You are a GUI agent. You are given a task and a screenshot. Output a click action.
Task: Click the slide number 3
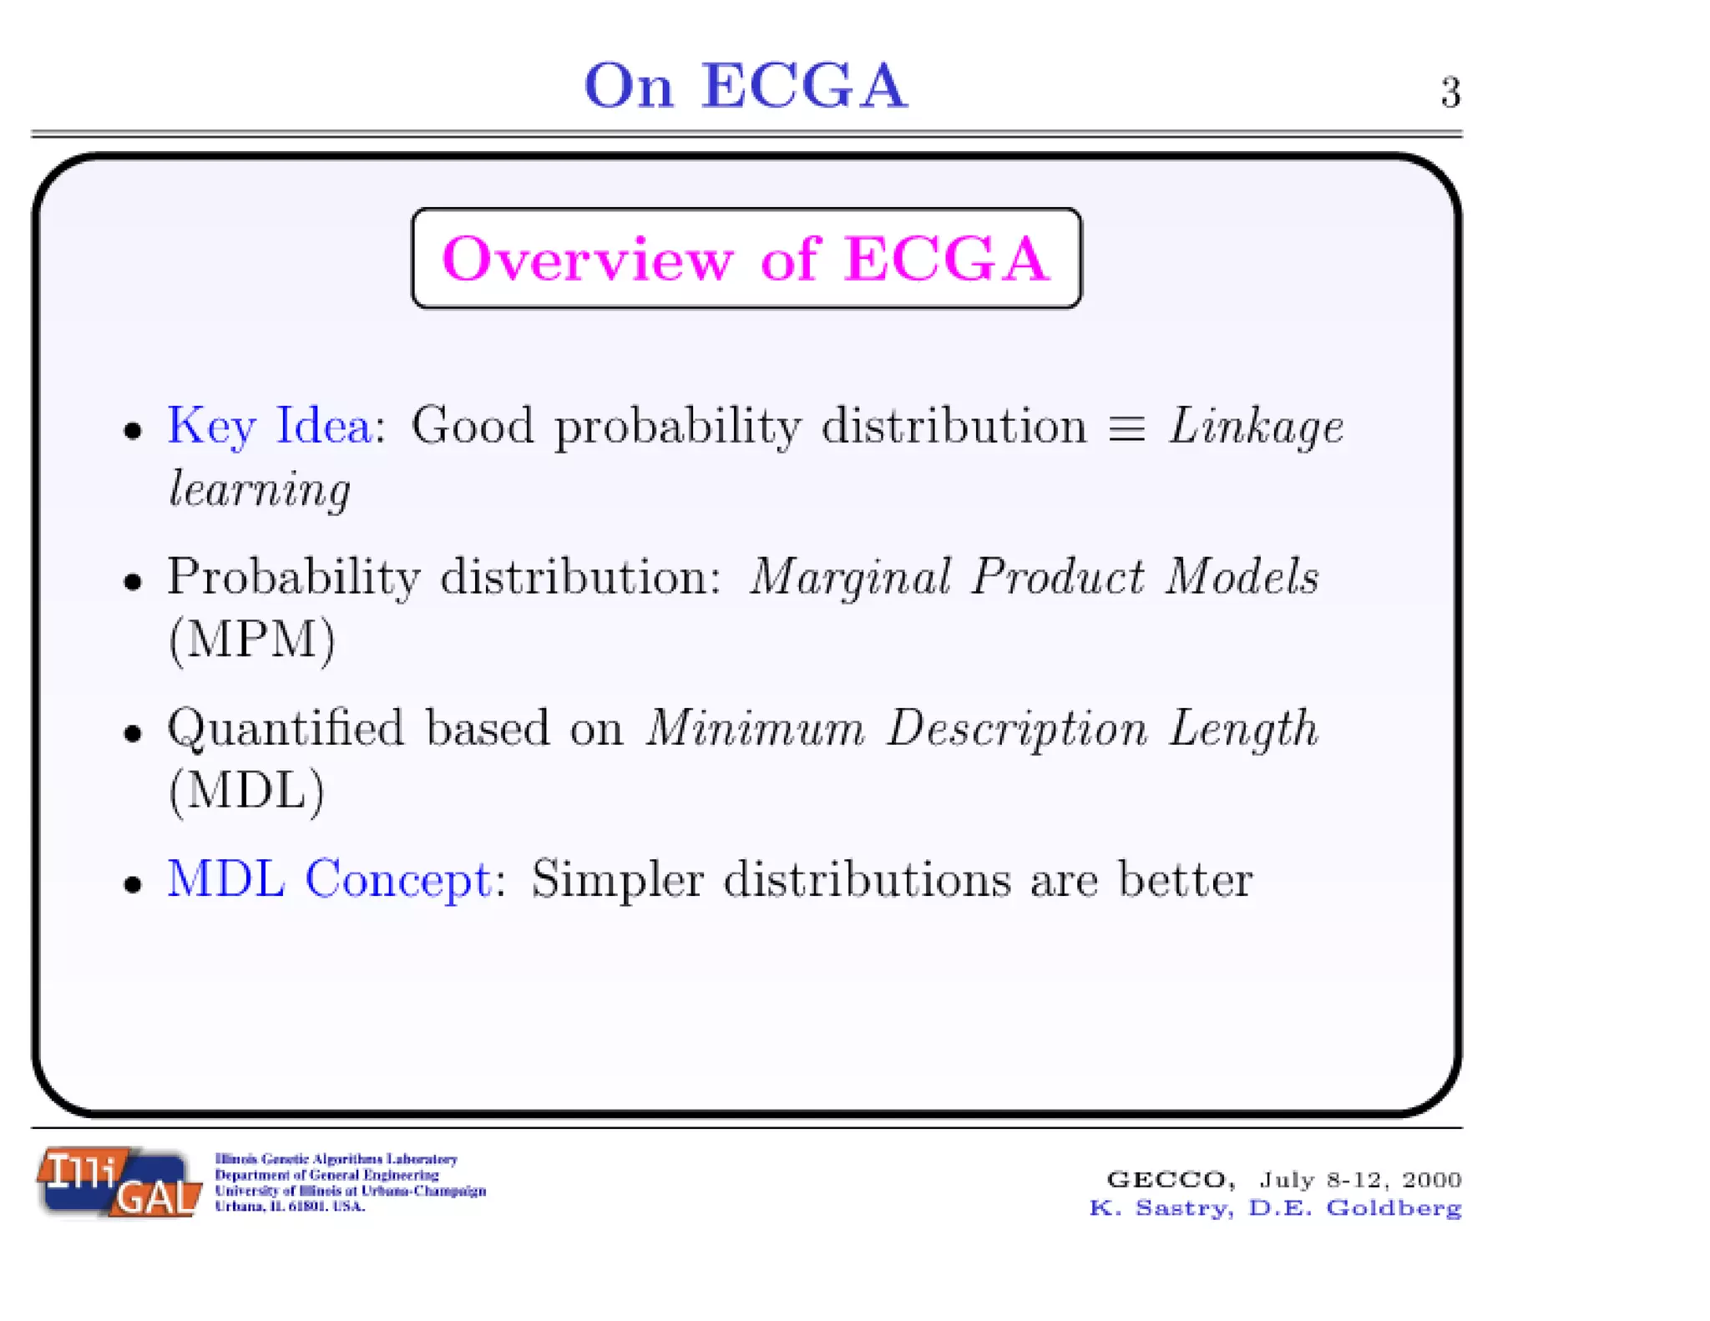pos(1450,92)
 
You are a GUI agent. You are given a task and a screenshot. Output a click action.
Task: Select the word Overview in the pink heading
pos(587,259)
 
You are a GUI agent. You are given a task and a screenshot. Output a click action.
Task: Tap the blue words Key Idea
pos(269,426)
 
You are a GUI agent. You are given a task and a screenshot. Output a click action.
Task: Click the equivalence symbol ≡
pos(1126,428)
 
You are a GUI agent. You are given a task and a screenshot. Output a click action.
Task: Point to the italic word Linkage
pos(1256,428)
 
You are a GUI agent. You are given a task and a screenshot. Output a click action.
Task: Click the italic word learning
pos(260,489)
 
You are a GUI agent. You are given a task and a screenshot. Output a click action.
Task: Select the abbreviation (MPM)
pos(251,640)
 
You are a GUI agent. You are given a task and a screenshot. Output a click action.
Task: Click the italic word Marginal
pos(850,578)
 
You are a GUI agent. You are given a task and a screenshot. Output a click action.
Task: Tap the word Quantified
pos(286,728)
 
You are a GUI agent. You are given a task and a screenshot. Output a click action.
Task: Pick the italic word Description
pos(1017,730)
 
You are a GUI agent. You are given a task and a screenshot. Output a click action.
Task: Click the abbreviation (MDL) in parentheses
pos(246,791)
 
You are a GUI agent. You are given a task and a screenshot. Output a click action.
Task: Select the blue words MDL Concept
pos(329,879)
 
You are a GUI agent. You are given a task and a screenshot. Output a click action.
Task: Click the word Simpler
pos(617,880)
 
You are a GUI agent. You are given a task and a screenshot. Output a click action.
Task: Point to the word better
pos(1185,879)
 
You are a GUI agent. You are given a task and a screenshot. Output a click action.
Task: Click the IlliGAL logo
pos(119,1182)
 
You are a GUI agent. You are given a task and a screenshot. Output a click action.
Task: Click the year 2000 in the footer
pos(1431,1179)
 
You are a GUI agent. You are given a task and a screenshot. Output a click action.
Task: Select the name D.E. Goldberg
pos(1354,1208)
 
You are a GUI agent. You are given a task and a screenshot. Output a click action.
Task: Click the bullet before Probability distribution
pos(133,581)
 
